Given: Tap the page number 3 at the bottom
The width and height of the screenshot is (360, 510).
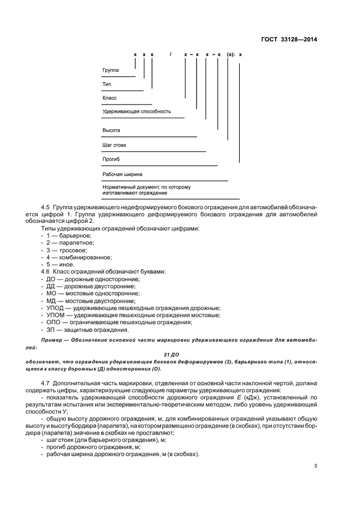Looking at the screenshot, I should (x=315, y=465).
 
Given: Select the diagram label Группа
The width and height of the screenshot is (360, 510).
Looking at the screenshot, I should (x=111, y=70).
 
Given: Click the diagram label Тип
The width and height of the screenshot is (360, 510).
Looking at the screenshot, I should (x=107, y=84).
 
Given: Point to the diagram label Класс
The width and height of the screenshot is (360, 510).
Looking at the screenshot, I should (x=109, y=98).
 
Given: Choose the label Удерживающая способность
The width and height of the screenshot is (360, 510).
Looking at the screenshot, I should (x=137, y=111).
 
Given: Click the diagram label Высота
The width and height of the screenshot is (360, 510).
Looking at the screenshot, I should (x=111, y=131).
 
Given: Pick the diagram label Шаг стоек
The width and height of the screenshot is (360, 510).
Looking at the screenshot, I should (x=114, y=145).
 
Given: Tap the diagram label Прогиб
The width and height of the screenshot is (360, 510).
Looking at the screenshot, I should (x=111, y=159).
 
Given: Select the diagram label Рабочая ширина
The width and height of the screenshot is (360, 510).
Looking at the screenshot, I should (x=123, y=174).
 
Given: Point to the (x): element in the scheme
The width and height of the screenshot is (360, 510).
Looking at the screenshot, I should (x=231, y=55).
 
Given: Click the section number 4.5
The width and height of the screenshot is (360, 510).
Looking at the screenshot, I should (x=46, y=208).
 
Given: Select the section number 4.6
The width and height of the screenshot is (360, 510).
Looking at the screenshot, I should (x=46, y=271).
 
